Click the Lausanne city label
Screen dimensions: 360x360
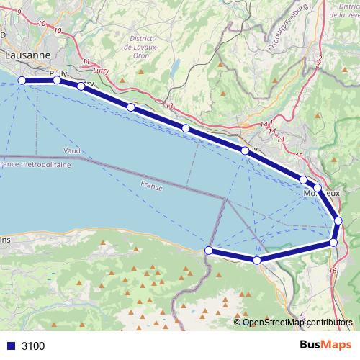27,54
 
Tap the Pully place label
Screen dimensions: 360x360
58,73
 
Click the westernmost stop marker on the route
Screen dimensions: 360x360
22,81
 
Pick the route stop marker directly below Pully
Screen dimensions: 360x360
57,81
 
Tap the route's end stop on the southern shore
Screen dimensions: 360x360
209,250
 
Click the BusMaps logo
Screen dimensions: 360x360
320,345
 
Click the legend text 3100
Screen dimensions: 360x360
33,346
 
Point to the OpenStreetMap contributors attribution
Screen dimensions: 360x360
297,322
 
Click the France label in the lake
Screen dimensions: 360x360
152,185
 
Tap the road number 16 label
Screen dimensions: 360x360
332,271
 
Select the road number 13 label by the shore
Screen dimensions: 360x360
170,106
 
